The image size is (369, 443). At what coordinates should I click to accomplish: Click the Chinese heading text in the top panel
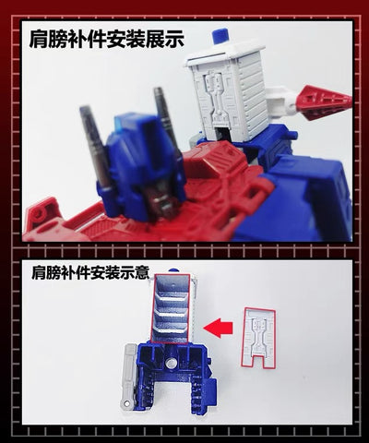tap(106, 40)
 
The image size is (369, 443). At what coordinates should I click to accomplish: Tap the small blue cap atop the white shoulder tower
tap(220, 38)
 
